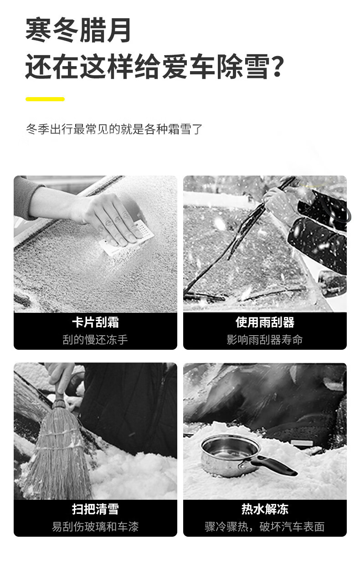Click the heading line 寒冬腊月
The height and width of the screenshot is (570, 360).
tap(78, 30)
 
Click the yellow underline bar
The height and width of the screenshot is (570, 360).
tap(45, 99)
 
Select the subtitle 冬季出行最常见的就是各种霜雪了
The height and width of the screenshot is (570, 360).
tap(114, 129)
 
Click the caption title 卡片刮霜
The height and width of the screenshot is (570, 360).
tap(95, 322)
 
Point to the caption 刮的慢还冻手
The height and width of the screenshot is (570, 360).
tap(95, 340)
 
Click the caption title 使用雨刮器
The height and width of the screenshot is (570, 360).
tap(265, 322)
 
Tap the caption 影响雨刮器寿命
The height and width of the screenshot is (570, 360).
tap(265, 340)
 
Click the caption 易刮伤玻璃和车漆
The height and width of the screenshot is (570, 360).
tap(95, 527)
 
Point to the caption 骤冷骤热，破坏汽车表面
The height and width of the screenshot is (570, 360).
tap(265, 527)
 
